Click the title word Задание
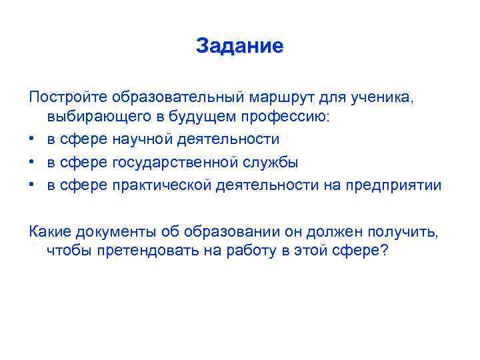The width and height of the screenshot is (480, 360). tap(240, 46)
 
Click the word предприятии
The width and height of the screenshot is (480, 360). tap(393, 185)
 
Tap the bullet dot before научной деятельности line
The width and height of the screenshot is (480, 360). tap(33, 139)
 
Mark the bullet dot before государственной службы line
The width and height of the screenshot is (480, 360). tap(33, 163)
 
